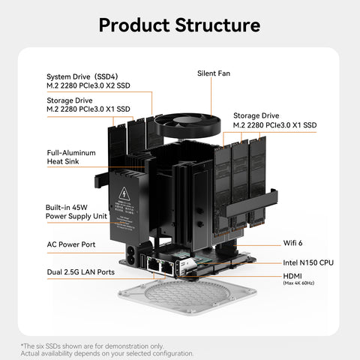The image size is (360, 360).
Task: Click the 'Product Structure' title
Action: point(179,24)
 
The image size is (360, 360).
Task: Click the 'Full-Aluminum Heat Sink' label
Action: point(71,156)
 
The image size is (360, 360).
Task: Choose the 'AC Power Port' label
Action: point(71,244)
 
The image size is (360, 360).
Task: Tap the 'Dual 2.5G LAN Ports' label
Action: point(81,271)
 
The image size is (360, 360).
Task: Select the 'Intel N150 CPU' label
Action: point(308,263)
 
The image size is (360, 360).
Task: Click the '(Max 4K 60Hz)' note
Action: point(298,283)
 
